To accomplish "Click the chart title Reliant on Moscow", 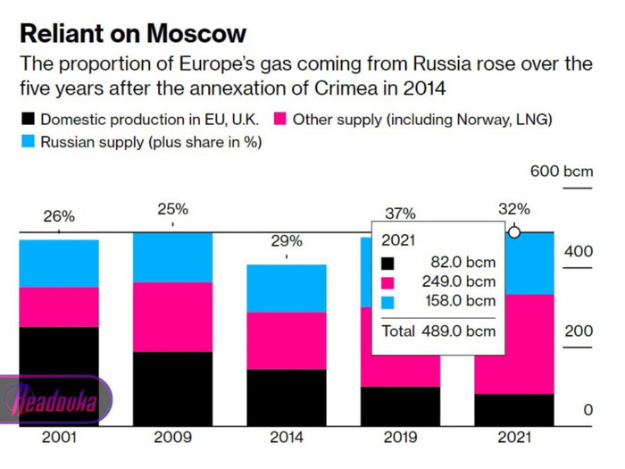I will (133, 34).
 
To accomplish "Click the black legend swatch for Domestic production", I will (28, 120).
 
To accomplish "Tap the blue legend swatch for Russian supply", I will (28, 141).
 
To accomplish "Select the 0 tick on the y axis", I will (587, 410).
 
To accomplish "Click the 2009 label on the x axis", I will (172, 438).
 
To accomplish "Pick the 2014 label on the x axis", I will (286, 438).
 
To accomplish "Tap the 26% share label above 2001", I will (59, 216).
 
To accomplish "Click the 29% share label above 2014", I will (287, 241).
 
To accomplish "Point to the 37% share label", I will (400, 214).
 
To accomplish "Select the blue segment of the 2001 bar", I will (59, 264).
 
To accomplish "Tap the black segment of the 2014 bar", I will (287, 398).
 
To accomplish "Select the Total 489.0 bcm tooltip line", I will (438, 331).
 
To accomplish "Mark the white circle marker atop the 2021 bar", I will (514, 232).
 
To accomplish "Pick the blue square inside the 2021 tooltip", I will (387, 302).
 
